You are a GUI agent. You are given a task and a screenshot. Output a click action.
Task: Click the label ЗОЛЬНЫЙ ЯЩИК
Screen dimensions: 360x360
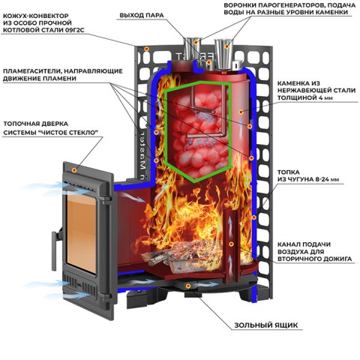(266, 325)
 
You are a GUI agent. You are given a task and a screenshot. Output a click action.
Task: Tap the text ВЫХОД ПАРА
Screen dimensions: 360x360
(142, 15)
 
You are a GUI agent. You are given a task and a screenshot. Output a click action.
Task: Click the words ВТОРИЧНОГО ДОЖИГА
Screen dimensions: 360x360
(314, 259)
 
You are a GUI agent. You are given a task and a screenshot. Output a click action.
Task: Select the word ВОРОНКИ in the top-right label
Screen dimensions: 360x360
(241, 5)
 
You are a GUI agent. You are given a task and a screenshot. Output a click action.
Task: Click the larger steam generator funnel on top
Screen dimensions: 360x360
(224, 54)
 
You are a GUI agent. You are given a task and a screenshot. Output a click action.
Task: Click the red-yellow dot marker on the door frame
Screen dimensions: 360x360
(74, 170)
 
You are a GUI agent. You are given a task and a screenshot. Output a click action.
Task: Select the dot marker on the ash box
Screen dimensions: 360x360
(188, 286)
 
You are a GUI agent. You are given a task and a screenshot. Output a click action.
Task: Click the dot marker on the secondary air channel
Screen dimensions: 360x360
(232, 244)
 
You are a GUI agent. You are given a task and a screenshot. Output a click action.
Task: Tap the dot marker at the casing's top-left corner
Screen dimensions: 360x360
(147, 49)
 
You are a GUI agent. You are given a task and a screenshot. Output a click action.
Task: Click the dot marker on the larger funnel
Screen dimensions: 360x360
(226, 46)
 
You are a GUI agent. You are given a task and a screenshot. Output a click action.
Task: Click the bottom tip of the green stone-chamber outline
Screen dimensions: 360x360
(195, 181)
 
